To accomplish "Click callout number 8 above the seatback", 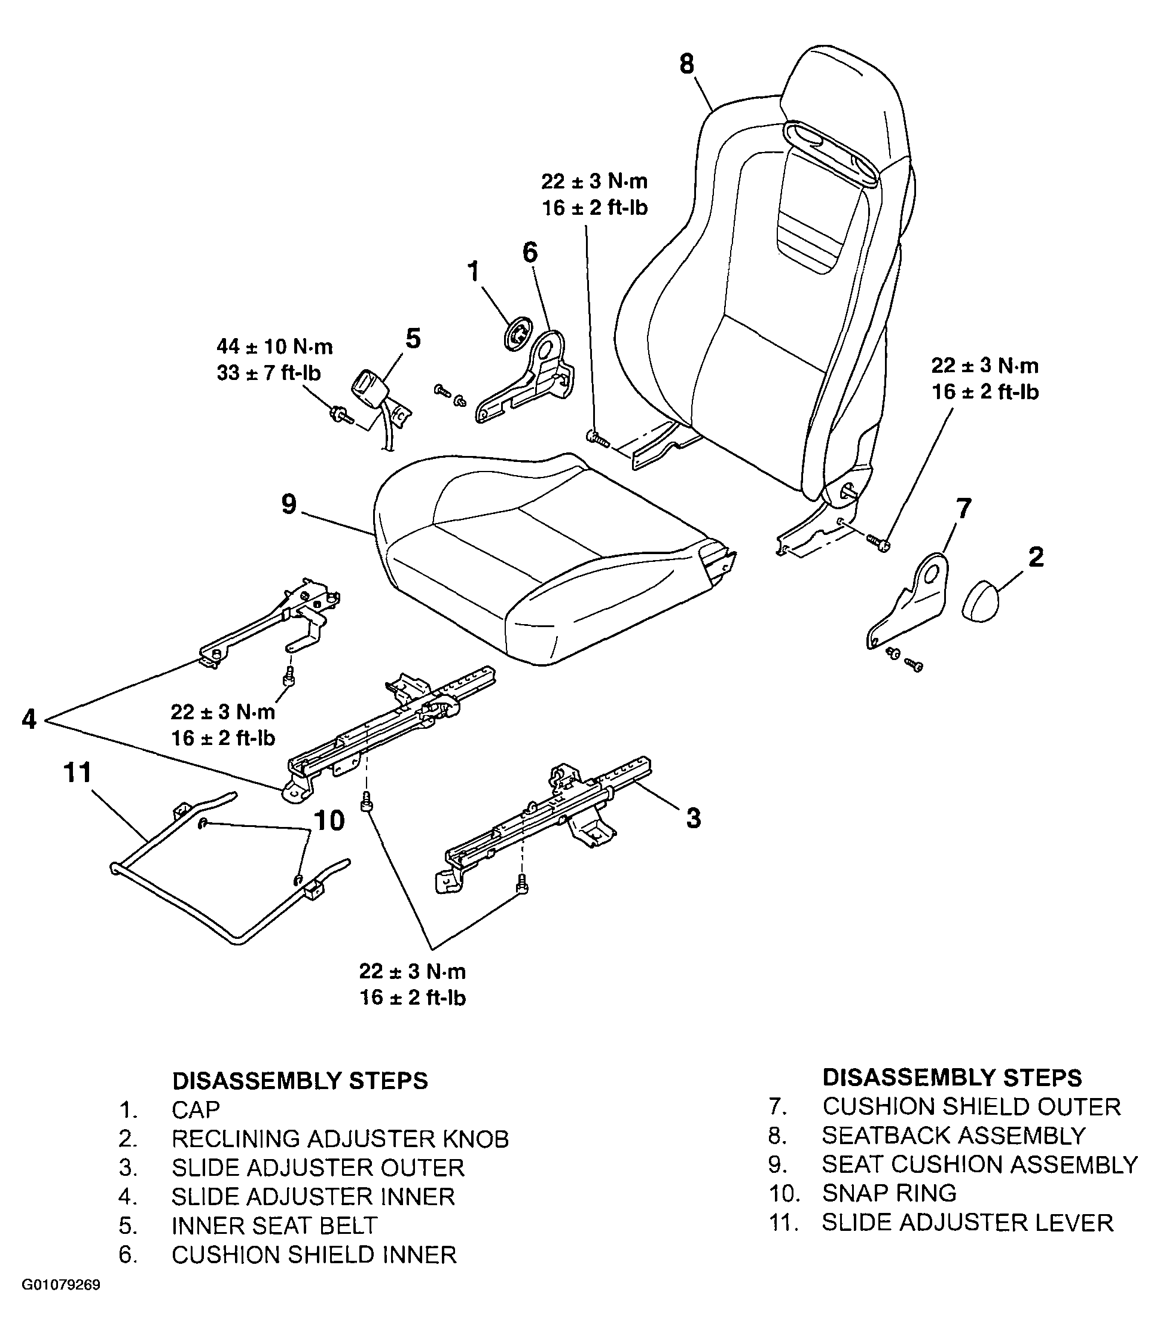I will (687, 64).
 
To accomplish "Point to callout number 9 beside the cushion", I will (289, 504).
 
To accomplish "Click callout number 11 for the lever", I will (77, 773).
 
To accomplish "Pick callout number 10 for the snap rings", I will (329, 822).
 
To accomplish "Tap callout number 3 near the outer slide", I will (693, 818).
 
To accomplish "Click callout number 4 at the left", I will (29, 719).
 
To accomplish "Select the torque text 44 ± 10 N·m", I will (274, 347).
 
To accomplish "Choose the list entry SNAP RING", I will (889, 1193).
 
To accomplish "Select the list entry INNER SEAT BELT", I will (274, 1225).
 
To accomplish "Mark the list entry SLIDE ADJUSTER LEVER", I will (967, 1223).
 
